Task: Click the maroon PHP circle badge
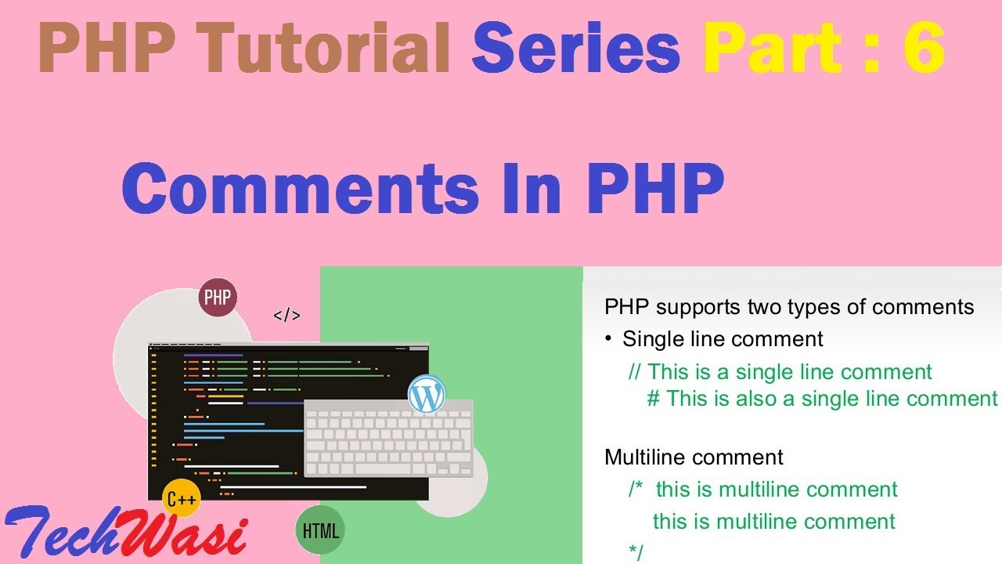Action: (218, 298)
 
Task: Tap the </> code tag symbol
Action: (287, 316)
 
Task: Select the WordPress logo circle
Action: (427, 395)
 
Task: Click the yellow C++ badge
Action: (182, 498)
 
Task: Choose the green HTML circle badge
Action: (320, 530)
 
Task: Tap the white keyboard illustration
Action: (388, 439)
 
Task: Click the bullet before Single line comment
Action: (608, 338)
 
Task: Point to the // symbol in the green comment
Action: (635, 371)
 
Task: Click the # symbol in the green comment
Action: (654, 399)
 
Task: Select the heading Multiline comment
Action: (694, 457)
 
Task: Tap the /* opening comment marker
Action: (636, 490)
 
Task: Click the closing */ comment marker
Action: (636, 552)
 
